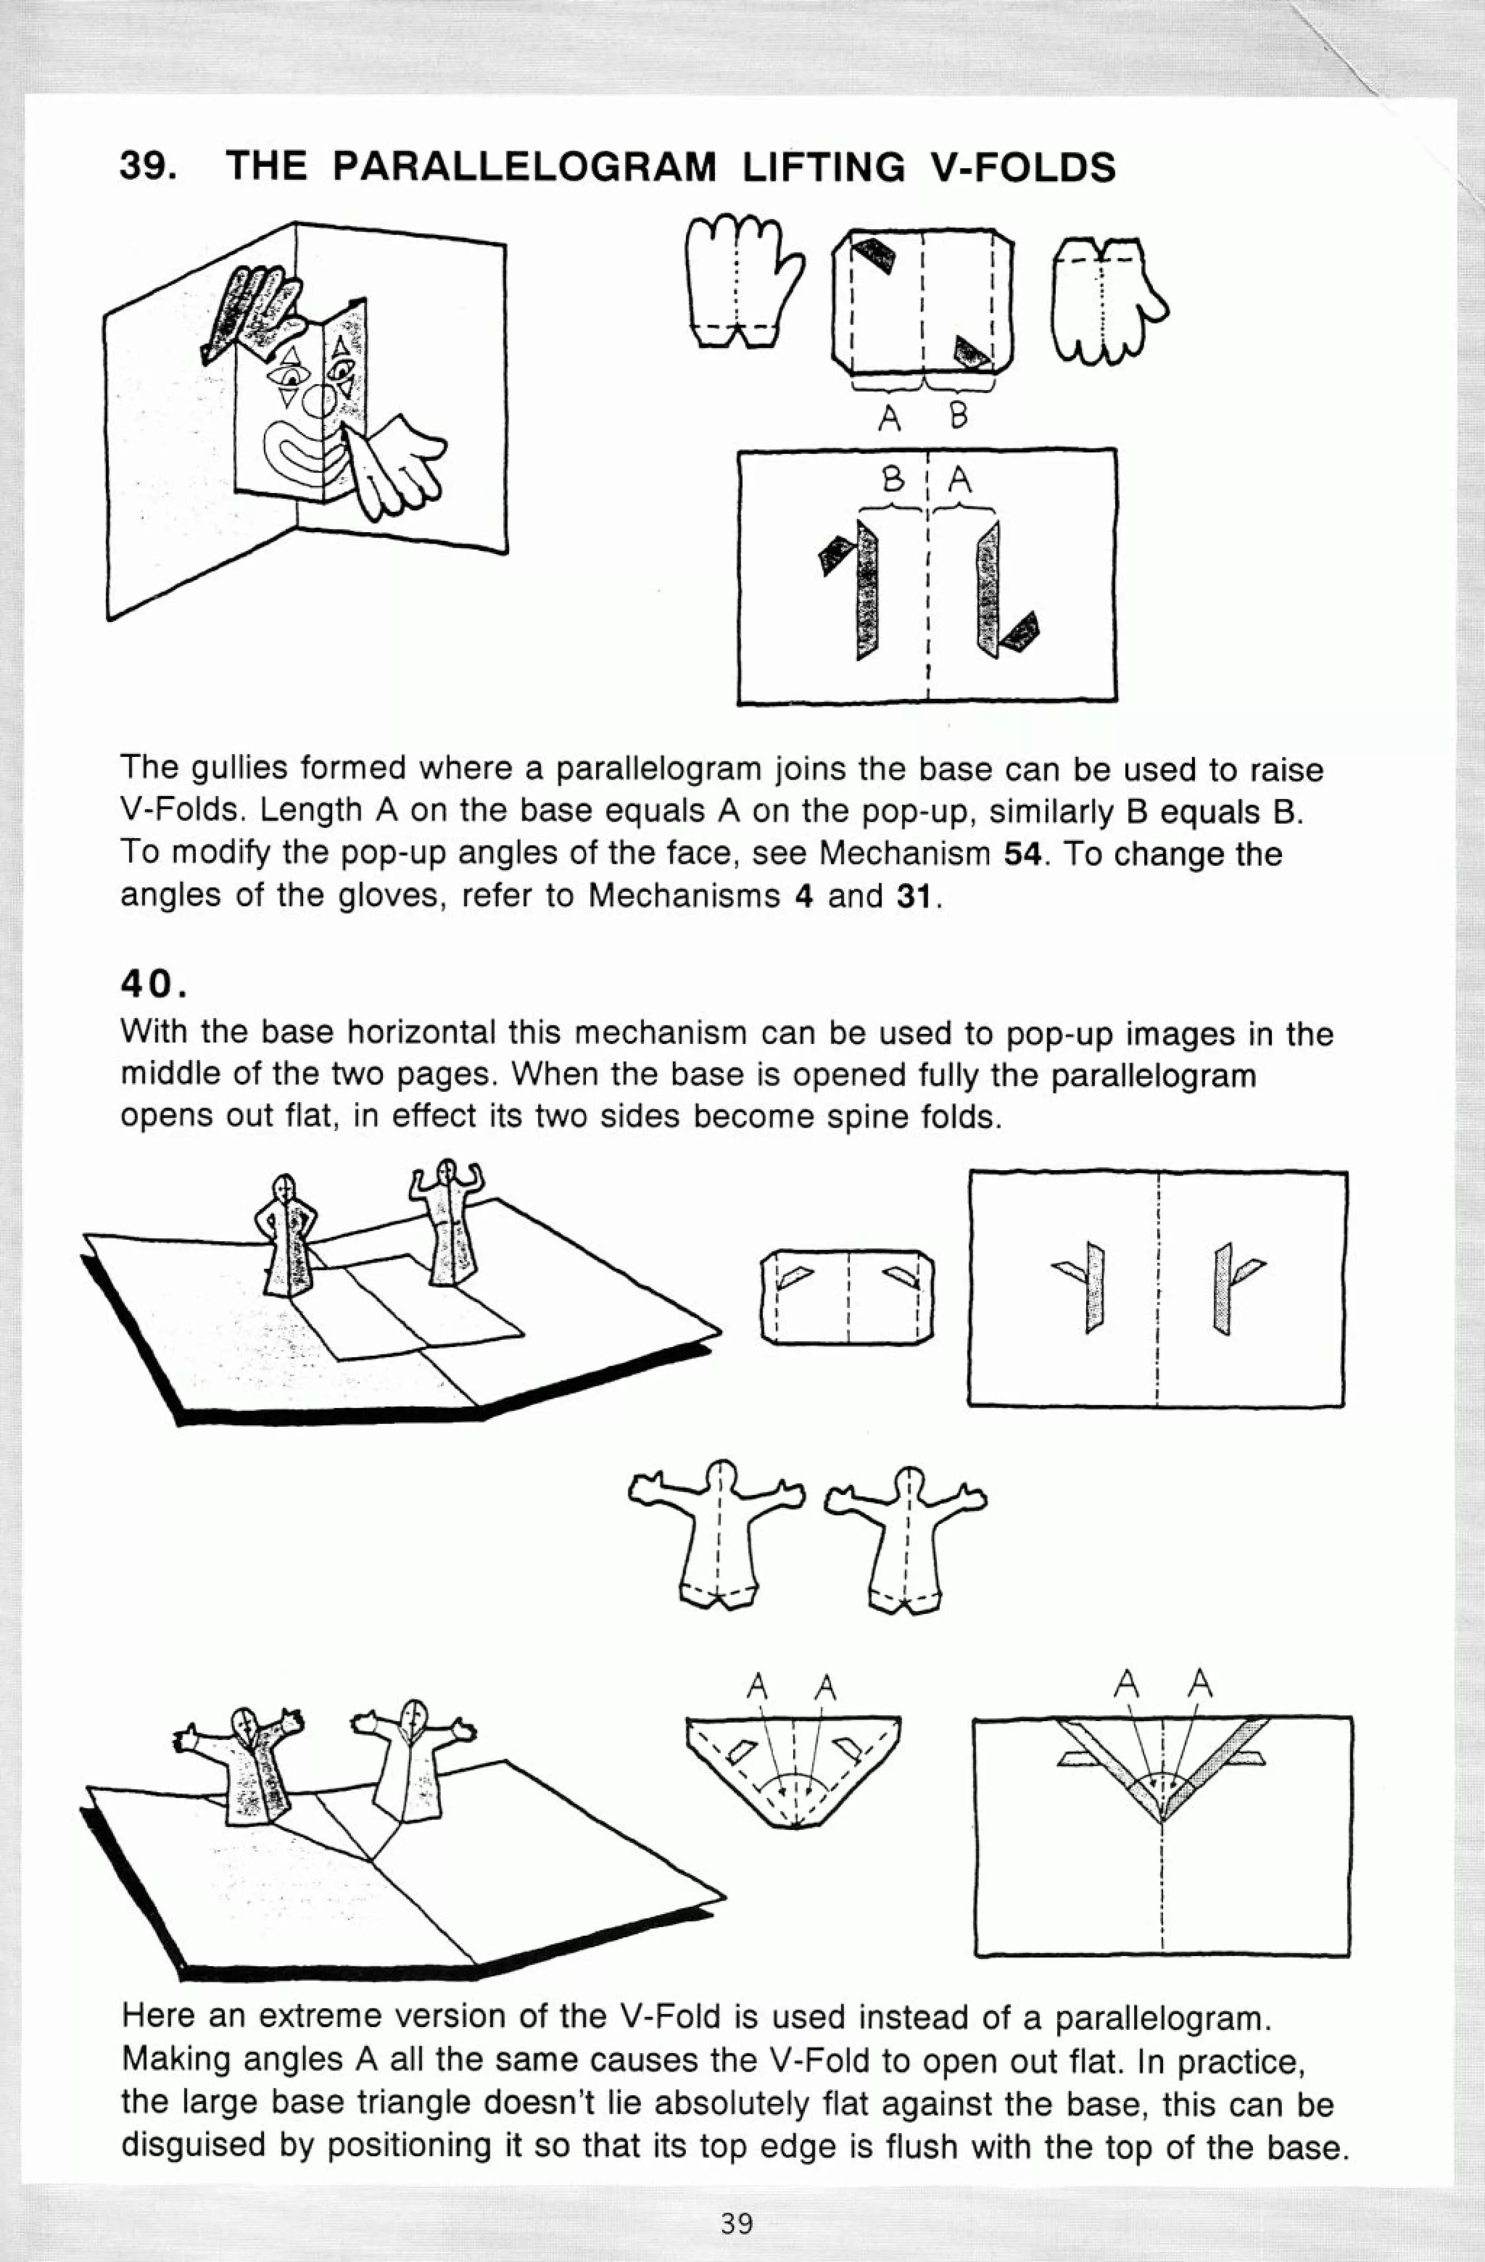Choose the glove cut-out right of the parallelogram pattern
[1106, 299]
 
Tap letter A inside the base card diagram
[961, 481]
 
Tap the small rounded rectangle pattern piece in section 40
[848, 1296]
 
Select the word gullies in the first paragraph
[239, 769]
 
